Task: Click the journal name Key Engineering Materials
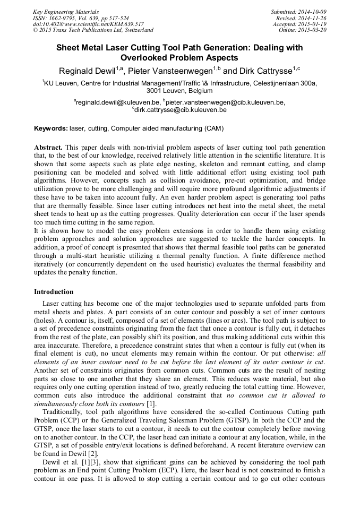pos(65,11)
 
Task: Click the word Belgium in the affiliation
pos(196,91)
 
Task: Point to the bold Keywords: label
pos(50,128)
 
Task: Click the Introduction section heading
pos(54,292)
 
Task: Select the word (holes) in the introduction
pos(45,321)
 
